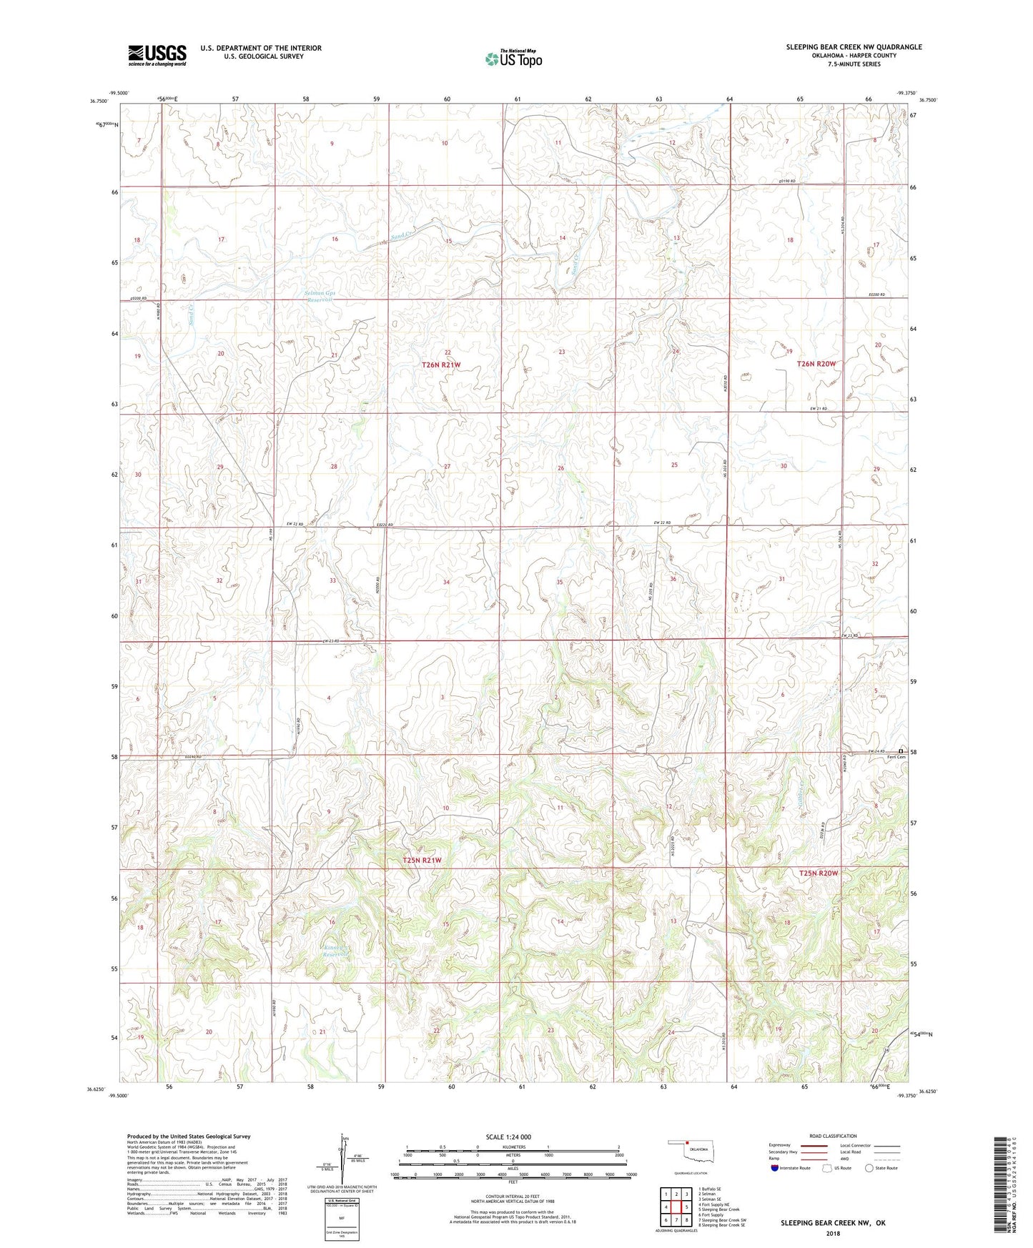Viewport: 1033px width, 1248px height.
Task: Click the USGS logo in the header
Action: point(157,55)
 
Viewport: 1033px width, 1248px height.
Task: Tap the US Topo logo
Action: point(513,59)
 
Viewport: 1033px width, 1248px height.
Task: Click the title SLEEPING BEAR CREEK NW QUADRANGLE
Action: point(854,47)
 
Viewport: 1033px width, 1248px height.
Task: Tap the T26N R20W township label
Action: point(816,364)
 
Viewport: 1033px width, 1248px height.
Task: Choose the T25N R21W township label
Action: point(422,861)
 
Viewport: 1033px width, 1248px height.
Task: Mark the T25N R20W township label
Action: point(818,873)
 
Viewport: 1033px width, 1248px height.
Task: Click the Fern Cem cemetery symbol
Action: point(900,751)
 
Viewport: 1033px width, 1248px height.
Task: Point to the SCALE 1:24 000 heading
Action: point(508,1136)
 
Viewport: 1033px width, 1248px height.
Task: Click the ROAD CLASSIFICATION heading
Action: point(833,1136)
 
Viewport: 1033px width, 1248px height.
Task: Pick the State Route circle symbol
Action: point(869,1168)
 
